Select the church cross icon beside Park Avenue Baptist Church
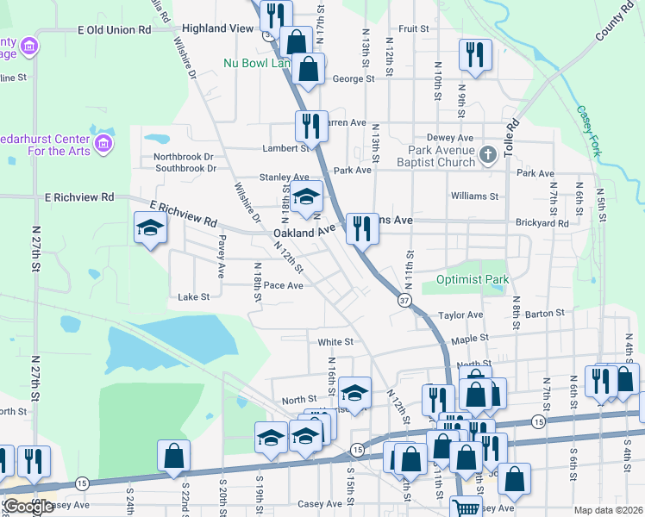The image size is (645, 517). [x=489, y=155]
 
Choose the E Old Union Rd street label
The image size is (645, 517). [x=114, y=29]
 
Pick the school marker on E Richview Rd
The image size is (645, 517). [x=150, y=228]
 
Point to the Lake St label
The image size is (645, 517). [x=193, y=297]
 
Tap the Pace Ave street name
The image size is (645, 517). [x=283, y=285]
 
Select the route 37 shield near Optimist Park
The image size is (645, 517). [x=404, y=300]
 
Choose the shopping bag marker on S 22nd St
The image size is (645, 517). [x=173, y=456]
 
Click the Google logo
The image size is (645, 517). [x=28, y=507]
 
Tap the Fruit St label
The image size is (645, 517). [x=414, y=28]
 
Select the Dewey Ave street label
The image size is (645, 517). [x=450, y=138]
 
